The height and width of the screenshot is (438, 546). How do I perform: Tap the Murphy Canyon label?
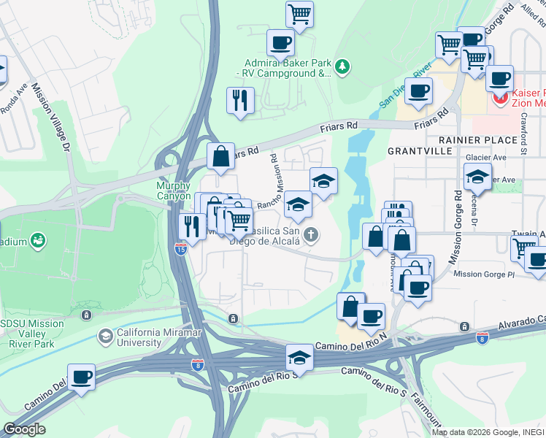174,191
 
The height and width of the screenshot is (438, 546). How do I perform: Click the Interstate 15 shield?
181,249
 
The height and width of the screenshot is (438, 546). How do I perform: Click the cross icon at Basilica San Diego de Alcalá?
312,234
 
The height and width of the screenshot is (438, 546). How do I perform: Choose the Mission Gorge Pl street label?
483,274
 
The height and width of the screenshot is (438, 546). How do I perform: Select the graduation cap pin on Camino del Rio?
299,357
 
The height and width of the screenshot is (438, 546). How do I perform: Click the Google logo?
24,429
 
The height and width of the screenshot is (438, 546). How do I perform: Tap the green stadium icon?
37,239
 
